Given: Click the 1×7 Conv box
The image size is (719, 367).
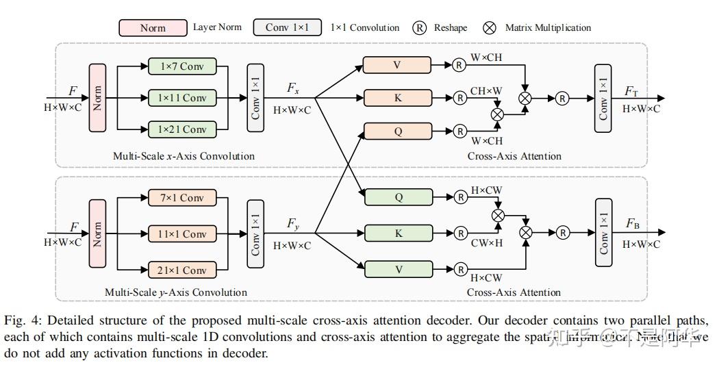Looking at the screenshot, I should [182, 66].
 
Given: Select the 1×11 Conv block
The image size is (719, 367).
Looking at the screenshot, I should [182, 98].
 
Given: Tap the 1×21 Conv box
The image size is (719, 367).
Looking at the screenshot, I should [182, 129].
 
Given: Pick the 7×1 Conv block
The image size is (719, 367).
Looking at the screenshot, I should [182, 199].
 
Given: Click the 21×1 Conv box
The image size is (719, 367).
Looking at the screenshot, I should [182, 270].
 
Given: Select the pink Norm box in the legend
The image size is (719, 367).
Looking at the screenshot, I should [153, 28].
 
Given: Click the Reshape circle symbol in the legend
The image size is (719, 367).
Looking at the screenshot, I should [420, 28].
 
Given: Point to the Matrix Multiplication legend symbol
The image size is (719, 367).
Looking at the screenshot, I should [490, 28].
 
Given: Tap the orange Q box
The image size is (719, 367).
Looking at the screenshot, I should [398, 131].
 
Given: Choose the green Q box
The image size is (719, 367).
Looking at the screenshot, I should [398, 197].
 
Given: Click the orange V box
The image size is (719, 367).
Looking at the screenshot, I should [398, 65].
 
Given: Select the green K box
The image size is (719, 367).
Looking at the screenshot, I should [398, 233].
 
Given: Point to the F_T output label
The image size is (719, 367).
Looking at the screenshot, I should [631, 92].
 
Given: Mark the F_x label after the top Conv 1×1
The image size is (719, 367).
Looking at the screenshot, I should [292, 88].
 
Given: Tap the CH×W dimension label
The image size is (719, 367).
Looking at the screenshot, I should [485, 90].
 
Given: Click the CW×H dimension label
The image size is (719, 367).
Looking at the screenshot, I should [485, 242].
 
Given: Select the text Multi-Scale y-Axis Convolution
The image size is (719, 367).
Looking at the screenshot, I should [176, 292].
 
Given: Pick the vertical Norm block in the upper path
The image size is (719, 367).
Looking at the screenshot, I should [97, 98].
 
